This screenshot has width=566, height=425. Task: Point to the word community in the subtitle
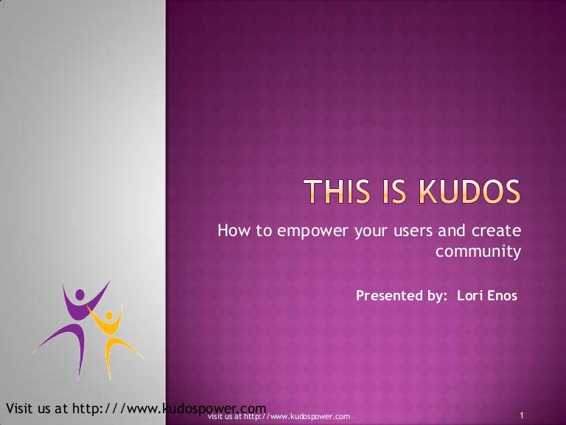478,252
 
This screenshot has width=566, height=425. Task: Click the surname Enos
501,296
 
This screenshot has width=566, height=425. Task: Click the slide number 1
522,417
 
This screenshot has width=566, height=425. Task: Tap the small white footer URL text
279,418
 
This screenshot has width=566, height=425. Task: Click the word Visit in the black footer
19,408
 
